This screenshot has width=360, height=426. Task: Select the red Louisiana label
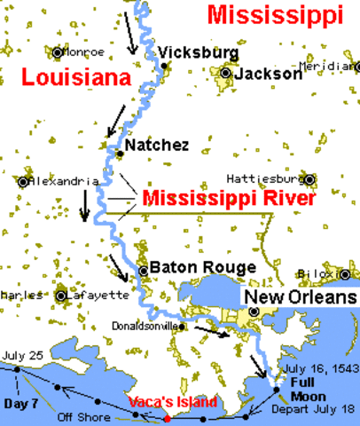(x=67, y=78)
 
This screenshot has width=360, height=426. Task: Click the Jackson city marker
(x=227, y=74)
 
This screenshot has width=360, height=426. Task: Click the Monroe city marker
(x=59, y=52)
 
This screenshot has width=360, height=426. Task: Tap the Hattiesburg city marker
(x=309, y=177)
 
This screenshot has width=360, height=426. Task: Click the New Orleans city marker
(x=254, y=312)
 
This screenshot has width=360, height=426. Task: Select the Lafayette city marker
(x=61, y=296)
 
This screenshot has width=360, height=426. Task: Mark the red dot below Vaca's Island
(x=167, y=417)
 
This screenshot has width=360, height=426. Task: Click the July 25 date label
(x=24, y=355)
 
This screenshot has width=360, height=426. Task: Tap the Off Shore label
(x=77, y=414)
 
